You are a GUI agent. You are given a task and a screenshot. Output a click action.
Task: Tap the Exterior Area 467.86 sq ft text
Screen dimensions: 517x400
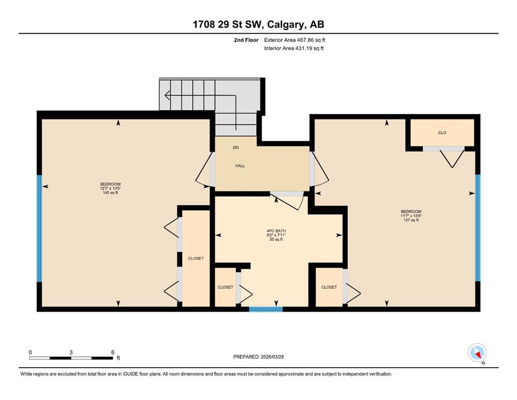coord(295,40)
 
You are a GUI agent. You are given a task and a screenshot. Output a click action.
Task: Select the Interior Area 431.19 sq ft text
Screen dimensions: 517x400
coord(294,48)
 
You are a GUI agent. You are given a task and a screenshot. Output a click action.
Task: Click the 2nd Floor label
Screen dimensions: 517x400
coord(246,40)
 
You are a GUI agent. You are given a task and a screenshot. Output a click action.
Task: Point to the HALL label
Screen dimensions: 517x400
coord(240,166)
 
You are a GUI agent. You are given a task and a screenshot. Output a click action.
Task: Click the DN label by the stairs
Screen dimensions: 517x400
coord(236,147)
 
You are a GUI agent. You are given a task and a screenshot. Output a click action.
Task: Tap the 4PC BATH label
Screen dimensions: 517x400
coord(276,231)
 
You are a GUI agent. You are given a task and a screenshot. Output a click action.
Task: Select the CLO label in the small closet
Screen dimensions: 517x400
coord(442,133)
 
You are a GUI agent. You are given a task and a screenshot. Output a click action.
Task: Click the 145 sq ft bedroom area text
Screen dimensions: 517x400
coord(110,193)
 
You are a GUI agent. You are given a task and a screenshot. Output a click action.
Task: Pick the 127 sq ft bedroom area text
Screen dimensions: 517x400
coord(411,220)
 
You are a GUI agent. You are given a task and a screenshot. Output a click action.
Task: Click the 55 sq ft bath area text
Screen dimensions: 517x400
coord(276,240)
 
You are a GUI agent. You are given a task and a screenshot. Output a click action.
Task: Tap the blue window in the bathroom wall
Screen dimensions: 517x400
coord(266,309)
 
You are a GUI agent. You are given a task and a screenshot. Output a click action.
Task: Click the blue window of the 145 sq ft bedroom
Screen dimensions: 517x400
coord(39,228)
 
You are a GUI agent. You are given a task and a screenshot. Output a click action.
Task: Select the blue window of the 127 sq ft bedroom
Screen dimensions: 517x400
coord(478,228)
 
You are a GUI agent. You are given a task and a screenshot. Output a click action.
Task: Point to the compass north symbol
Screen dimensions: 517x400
coord(477,353)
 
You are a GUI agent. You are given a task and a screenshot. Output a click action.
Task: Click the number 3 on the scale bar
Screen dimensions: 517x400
coord(71,352)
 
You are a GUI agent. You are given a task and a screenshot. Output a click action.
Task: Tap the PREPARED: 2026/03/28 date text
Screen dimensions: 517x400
coord(258,357)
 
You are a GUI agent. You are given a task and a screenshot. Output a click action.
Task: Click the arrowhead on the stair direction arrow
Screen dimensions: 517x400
coord(167,96)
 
